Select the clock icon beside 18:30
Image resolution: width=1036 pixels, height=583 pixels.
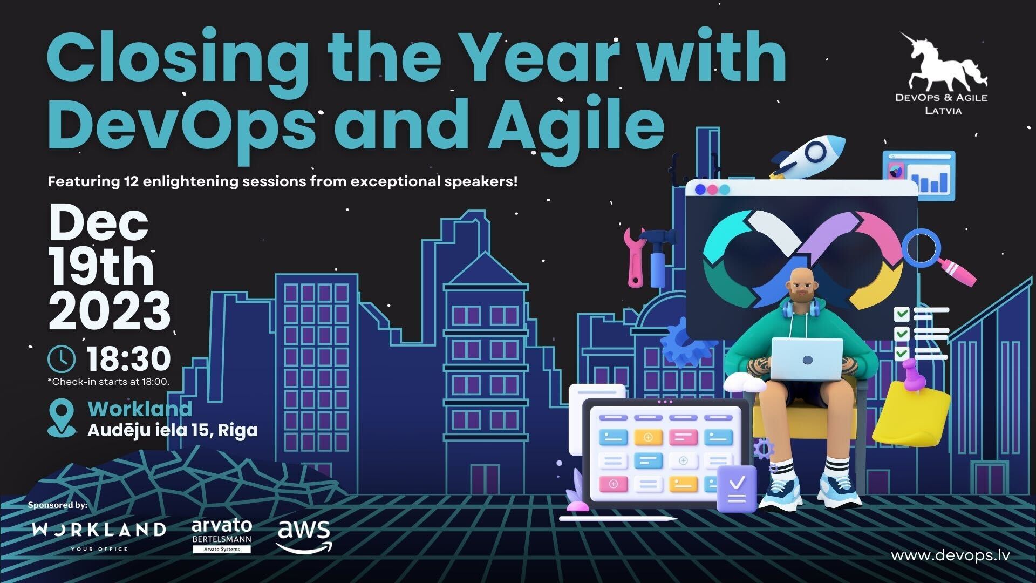62,358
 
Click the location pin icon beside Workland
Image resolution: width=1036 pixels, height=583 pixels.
61,417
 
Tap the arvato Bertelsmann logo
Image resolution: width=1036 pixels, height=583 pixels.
222,535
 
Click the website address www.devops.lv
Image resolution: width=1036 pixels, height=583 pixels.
950,555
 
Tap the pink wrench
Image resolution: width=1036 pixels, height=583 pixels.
634,256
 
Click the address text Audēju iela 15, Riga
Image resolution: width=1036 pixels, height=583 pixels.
172,430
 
